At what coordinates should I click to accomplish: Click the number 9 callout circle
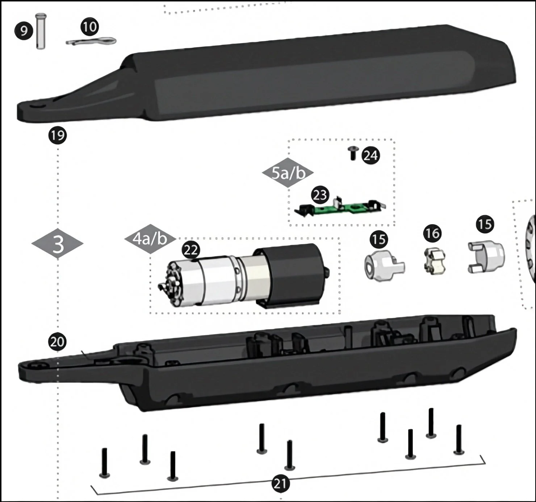(x=24, y=31)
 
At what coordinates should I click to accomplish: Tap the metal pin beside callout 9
(x=41, y=31)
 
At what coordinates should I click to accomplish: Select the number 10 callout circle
(x=89, y=26)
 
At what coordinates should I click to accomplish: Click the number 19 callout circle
(x=57, y=136)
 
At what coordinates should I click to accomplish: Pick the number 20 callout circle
(x=57, y=342)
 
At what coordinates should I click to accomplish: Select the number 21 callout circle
(x=280, y=484)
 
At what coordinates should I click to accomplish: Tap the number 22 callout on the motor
(x=191, y=250)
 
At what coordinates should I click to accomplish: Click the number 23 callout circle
(x=320, y=195)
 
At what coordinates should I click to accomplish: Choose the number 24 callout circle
(x=370, y=156)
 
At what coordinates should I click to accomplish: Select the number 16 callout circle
(x=433, y=233)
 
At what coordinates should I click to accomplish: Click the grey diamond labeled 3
(x=58, y=244)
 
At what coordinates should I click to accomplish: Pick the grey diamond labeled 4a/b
(x=150, y=239)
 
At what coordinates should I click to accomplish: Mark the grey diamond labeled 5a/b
(x=288, y=173)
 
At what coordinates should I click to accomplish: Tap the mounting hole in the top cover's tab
(x=37, y=106)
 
